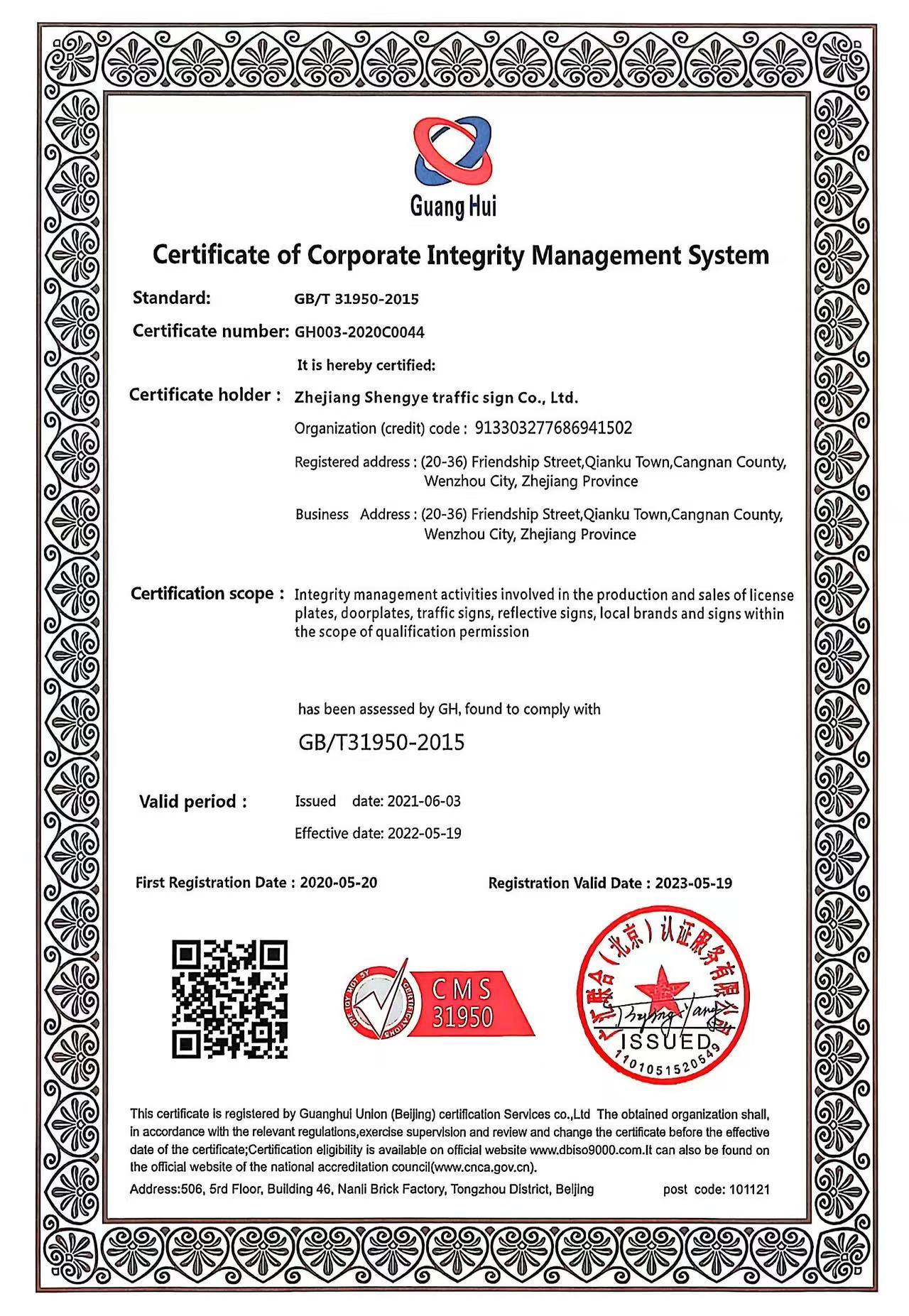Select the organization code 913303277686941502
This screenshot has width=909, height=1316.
pos(553,428)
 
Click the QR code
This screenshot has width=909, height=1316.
pos(229,999)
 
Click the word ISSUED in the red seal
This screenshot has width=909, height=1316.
pos(667,1042)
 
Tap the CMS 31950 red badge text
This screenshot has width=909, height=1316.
pos(463,1004)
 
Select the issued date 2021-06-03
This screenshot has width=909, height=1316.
pos(424,801)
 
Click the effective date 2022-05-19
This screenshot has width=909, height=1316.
pos(424,833)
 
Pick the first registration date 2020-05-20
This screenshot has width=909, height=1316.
pos(339,883)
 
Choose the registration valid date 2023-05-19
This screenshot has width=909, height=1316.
pos(693,883)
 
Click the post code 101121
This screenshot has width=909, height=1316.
pos(749,1189)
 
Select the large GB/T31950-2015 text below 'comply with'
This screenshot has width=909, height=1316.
pos(381,743)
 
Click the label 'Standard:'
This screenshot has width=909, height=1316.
pos(171,298)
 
